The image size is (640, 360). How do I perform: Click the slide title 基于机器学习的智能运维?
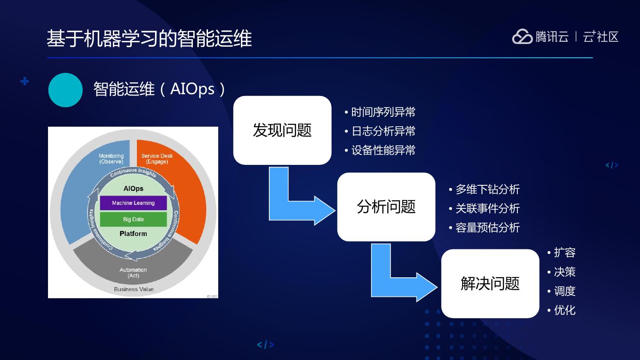(149, 39)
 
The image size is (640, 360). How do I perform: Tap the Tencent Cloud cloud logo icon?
(522, 37)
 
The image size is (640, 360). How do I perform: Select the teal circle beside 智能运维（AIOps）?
(65, 90)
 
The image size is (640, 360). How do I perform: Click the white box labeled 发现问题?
(282, 130)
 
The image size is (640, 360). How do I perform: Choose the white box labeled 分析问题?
(386, 207)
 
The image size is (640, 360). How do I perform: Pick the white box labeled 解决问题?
(490, 284)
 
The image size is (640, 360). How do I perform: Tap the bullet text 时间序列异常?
(383, 112)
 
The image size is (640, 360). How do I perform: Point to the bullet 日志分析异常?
(383, 131)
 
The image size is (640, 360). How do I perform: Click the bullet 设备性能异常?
(383, 150)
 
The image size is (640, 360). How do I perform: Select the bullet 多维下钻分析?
(487, 189)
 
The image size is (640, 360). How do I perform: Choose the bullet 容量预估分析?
(487, 228)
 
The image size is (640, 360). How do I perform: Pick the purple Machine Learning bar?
(133, 203)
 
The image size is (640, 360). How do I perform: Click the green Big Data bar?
(133, 219)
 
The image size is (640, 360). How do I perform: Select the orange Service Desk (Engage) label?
(157, 159)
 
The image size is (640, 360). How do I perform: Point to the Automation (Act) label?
(133, 272)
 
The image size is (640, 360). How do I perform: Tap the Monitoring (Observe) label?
(111, 159)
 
